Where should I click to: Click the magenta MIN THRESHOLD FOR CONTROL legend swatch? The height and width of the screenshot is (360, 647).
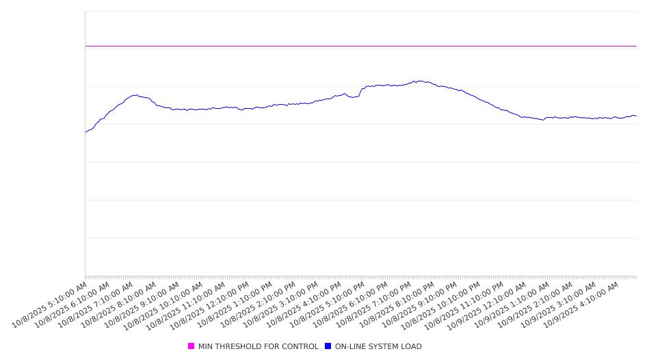(191, 346)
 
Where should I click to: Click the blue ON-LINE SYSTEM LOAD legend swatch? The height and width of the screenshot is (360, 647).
(328, 346)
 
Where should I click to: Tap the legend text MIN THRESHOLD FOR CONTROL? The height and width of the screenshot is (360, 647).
(258, 346)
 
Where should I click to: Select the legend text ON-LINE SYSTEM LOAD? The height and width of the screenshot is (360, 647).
(378, 346)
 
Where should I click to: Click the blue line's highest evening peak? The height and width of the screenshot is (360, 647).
(419, 81)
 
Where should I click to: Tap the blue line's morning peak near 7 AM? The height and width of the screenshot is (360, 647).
(135, 95)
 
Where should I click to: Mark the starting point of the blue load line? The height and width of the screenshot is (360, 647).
(85, 132)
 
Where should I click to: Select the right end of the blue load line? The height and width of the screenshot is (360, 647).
(636, 116)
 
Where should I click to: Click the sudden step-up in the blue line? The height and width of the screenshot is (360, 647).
(361, 90)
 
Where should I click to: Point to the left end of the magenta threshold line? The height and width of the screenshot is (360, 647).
(86, 46)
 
